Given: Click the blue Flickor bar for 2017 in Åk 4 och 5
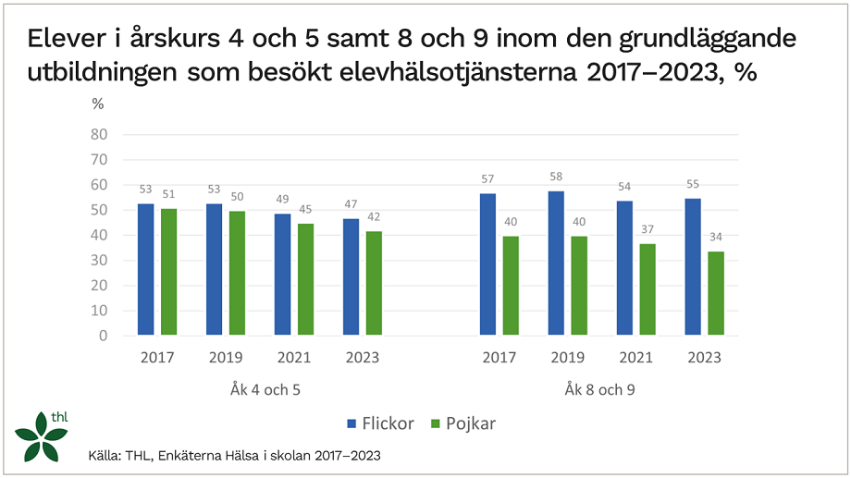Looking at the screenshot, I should pos(146,270).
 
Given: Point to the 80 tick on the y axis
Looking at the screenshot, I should pos(99,135).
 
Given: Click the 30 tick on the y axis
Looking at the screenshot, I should pos(99,261).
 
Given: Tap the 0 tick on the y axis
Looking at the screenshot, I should pos(104,336).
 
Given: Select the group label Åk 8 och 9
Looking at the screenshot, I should pos(599,390).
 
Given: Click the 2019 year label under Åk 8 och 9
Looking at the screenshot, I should pos(566,358).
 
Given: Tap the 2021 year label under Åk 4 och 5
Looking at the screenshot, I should pos(293,358).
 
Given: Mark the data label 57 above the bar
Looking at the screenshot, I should pos(487,178).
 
